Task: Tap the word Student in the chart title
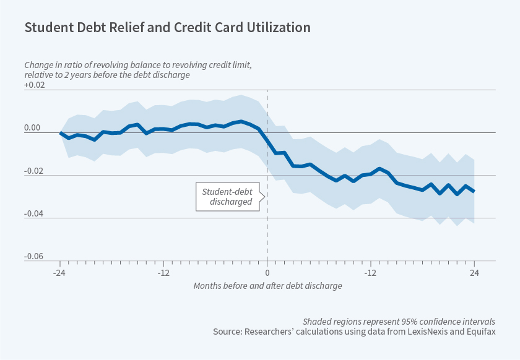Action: point(45,28)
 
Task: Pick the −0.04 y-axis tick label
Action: point(35,213)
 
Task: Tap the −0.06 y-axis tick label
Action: point(35,256)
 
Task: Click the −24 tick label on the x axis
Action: point(59,272)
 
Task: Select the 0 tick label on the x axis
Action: point(267,272)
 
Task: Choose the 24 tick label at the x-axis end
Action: point(474,272)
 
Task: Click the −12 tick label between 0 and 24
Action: point(370,272)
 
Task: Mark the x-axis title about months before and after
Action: point(267,286)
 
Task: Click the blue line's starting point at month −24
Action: point(60,133)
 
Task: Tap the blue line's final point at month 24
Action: point(474,191)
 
